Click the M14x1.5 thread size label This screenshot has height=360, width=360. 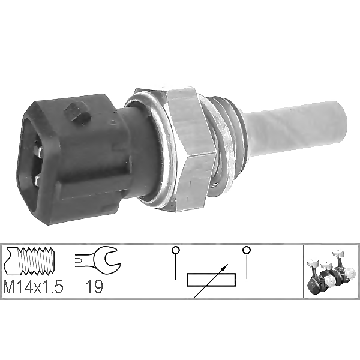[x=33, y=286]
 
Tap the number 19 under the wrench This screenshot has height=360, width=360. [x=94, y=287]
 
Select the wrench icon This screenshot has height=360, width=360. [x=98, y=261]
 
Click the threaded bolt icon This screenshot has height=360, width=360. [x=30, y=261]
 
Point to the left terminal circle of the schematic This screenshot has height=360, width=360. [x=176, y=250]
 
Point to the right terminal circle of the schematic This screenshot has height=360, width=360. [x=247, y=250]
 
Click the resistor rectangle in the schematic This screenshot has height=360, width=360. [x=211, y=280]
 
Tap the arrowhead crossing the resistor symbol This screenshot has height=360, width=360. [x=226, y=266]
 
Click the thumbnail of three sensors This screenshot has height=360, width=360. [x=331, y=272]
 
